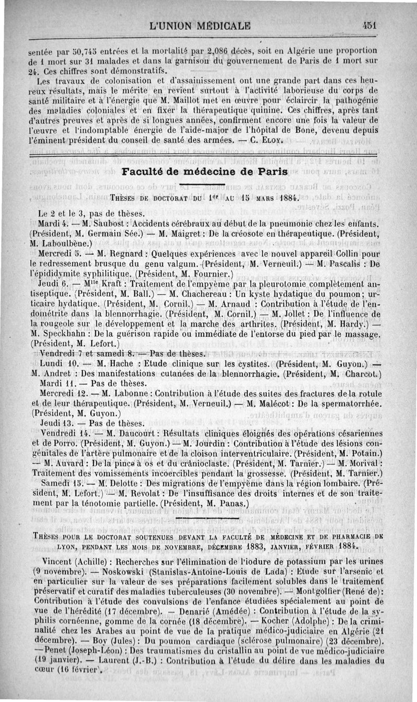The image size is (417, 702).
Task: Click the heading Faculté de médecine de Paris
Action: pyautogui.click(x=204, y=172)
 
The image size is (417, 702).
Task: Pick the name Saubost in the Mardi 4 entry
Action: pyautogui.click(x=104, y=224)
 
